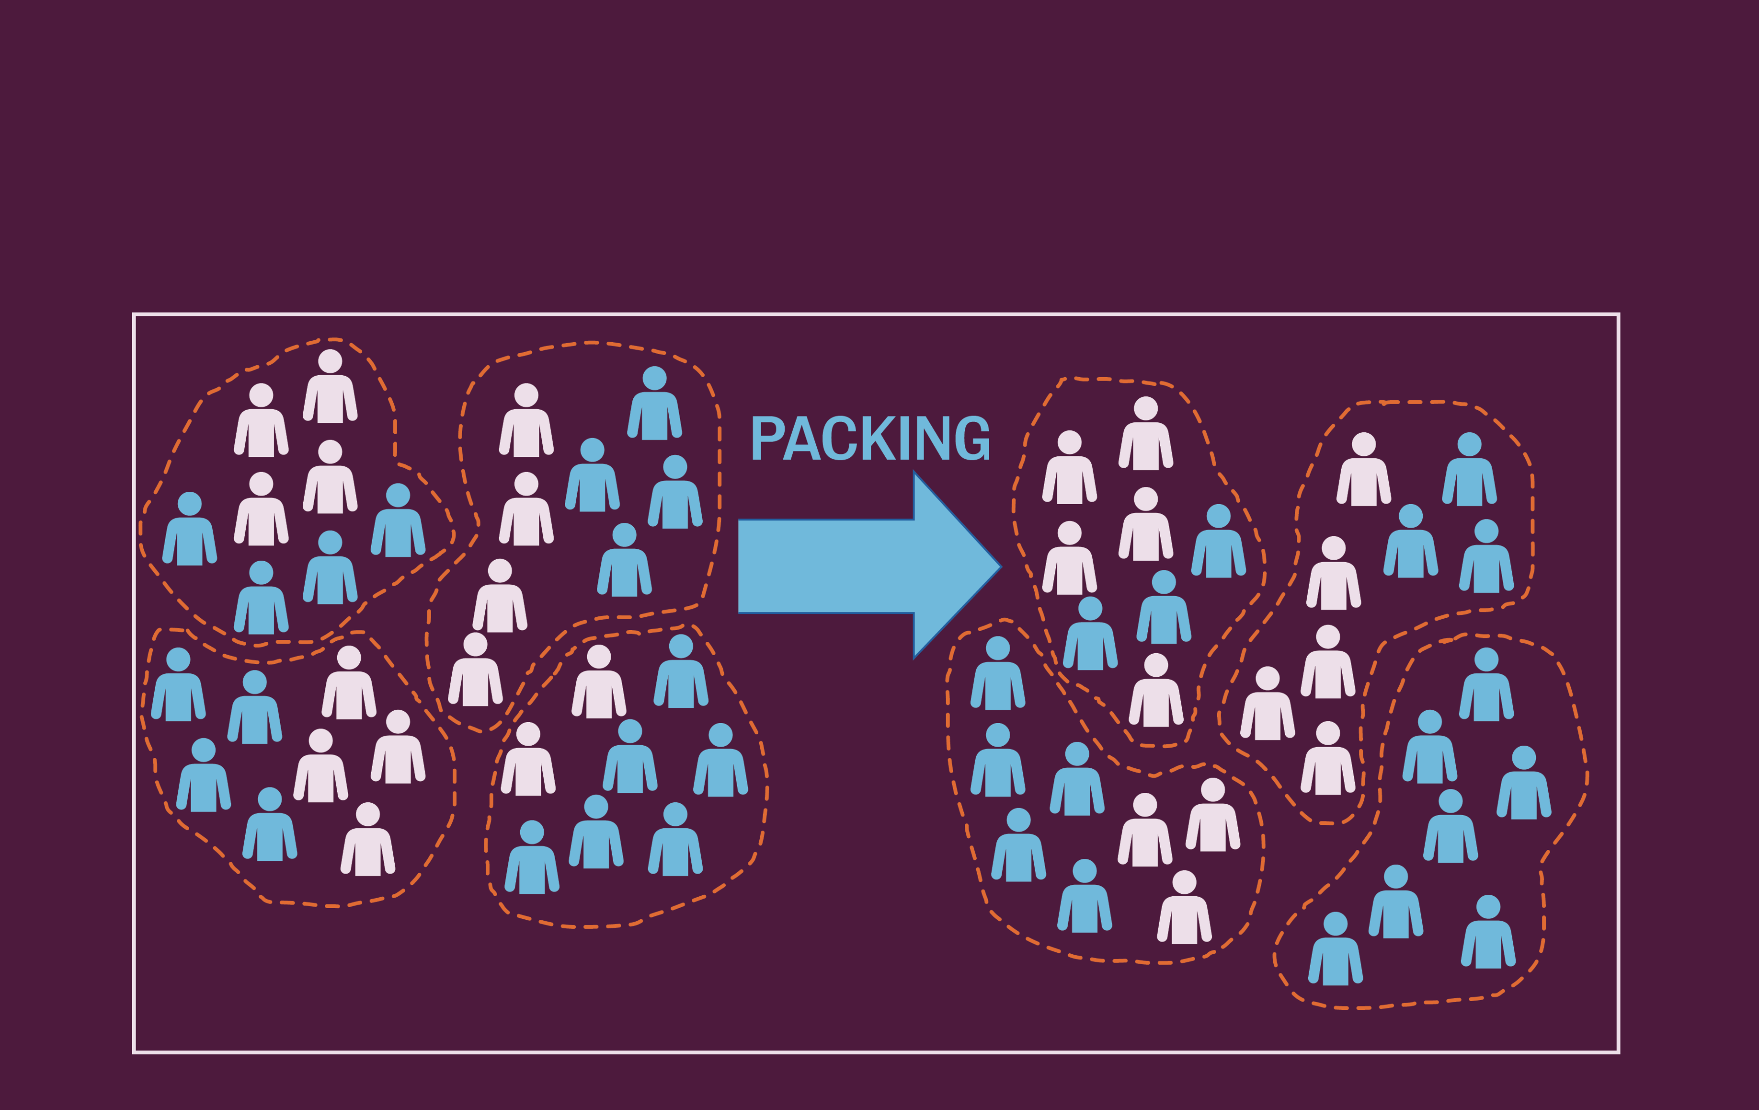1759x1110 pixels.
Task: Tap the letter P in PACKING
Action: coord(766,439)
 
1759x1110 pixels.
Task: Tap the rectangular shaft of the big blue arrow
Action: coord(825,567)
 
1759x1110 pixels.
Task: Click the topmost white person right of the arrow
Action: coord(1145,435)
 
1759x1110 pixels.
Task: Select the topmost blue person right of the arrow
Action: coord(1469,471)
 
